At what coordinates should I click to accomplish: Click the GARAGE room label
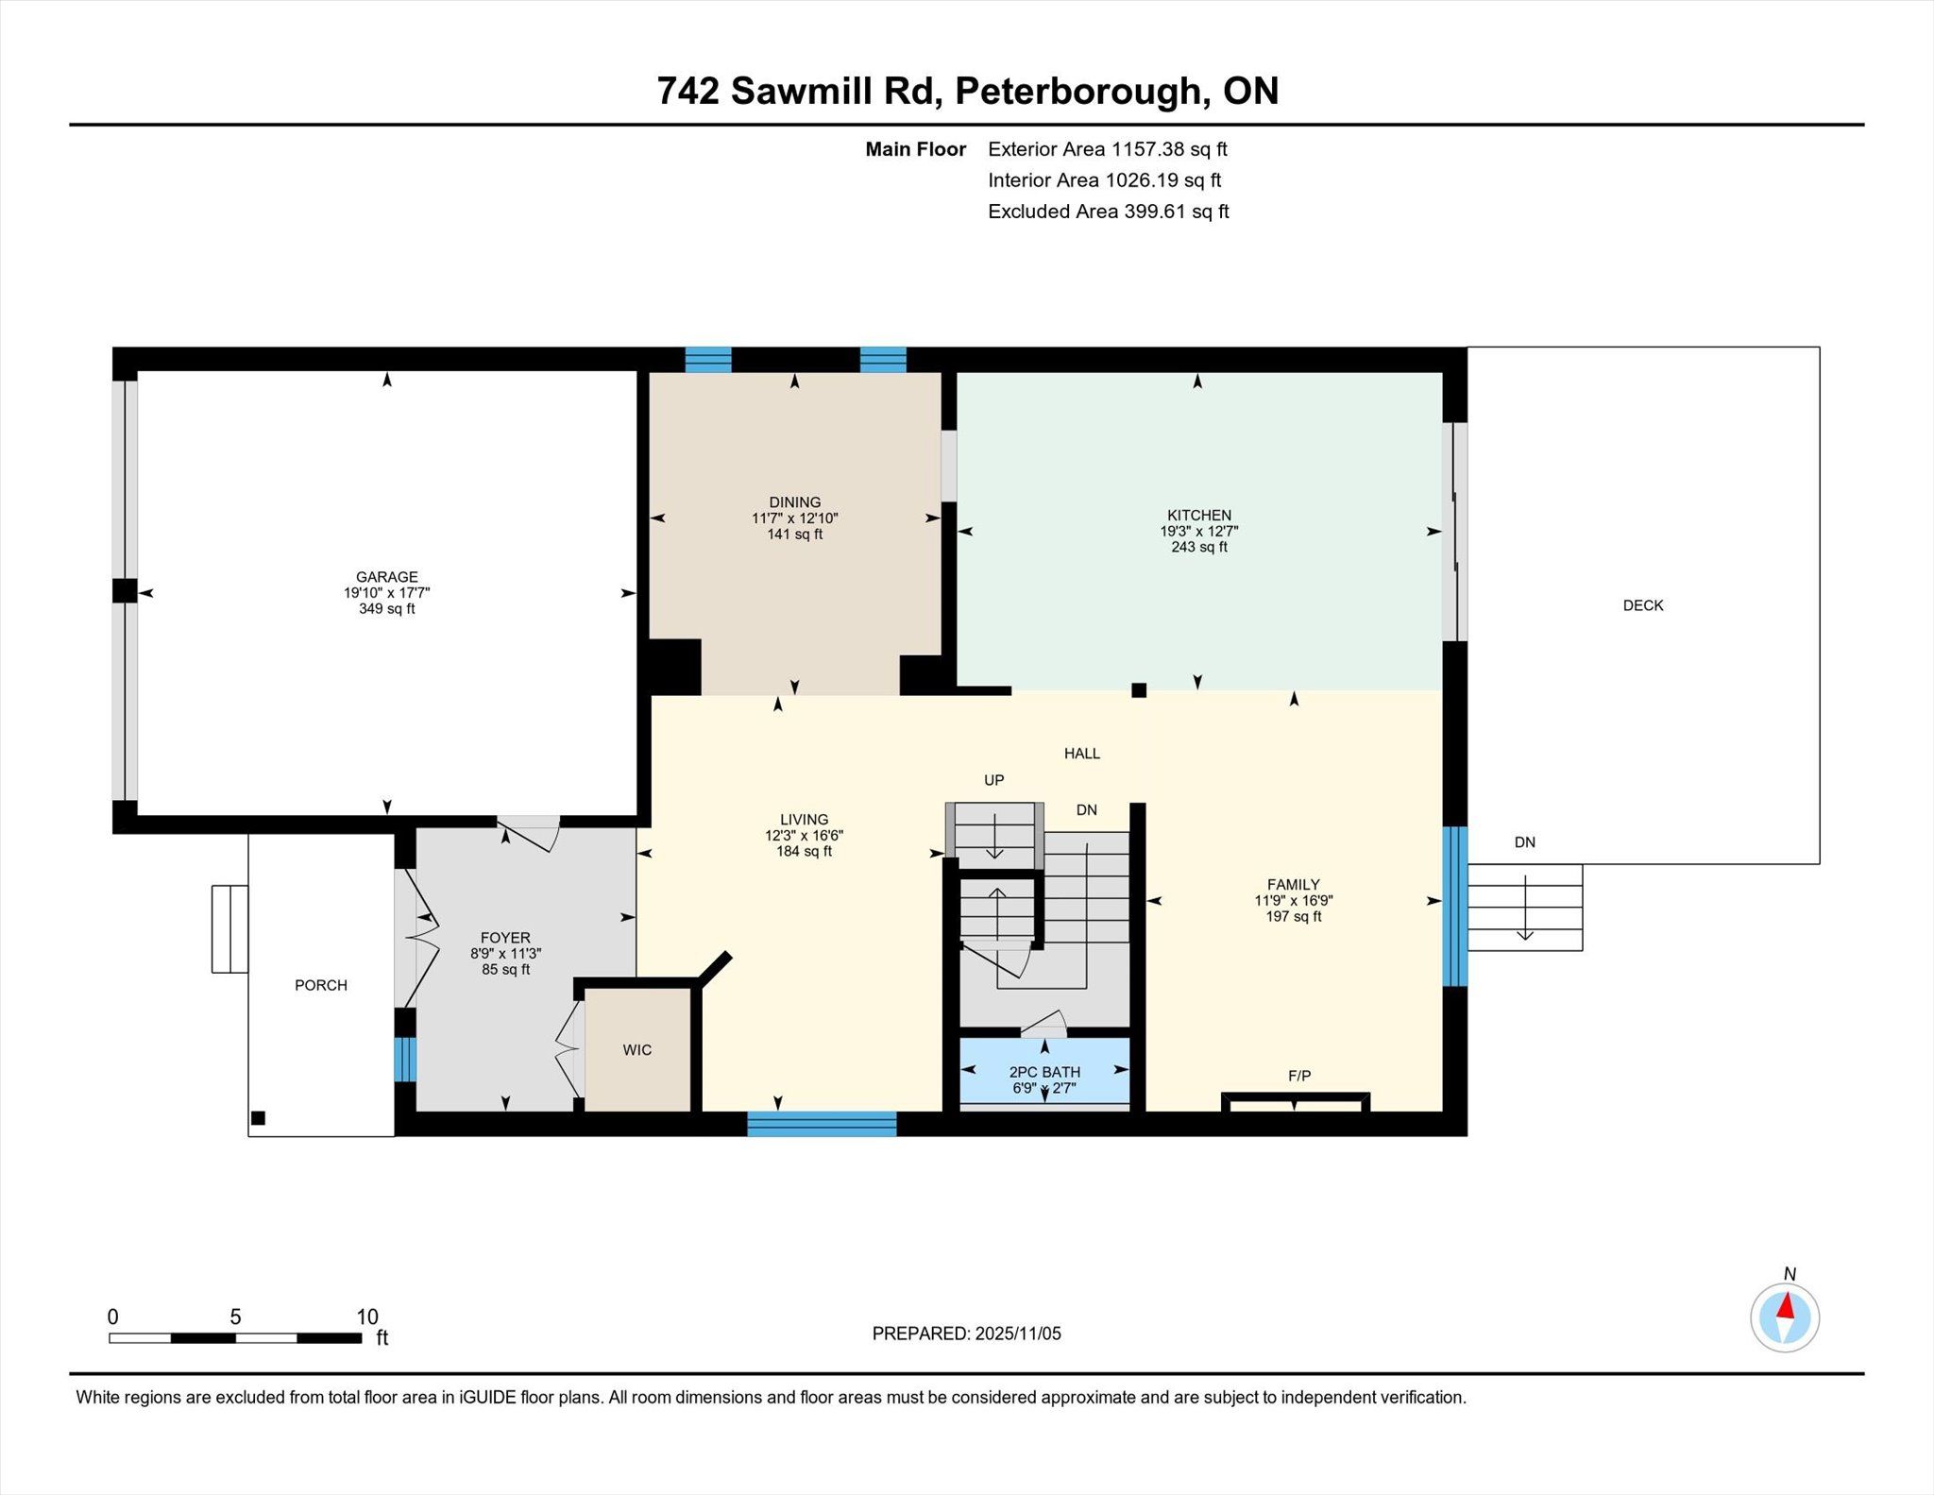click(386, 577)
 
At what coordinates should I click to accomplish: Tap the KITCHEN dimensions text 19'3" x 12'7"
click(1199, 531)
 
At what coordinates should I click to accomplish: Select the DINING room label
click(795, 502)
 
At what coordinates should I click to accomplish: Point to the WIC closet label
click(637, 1050)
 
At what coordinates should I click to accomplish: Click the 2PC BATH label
click(1044, 1072)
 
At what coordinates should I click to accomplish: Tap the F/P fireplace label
click(1299, 1076)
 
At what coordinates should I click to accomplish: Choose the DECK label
click(1643, 605)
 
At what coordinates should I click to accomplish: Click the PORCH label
click(321, 985)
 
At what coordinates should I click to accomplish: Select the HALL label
click(1082, 754)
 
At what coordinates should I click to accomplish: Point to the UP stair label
click(994, 780)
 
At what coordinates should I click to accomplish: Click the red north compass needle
click(1785, 1306)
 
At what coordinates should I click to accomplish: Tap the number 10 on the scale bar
click(367, 1317)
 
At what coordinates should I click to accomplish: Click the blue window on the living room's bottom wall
click(822, 1124)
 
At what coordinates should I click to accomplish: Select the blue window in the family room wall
click(1455, 907)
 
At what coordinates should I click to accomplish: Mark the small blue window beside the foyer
click(405, 1060)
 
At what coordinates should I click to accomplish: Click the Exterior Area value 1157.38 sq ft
click(1169, 149)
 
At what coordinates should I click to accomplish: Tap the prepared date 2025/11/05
click(1018, 1334)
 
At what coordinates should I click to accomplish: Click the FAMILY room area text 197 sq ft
click(1294, 916)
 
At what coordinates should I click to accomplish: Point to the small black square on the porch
click(258, 1118)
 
